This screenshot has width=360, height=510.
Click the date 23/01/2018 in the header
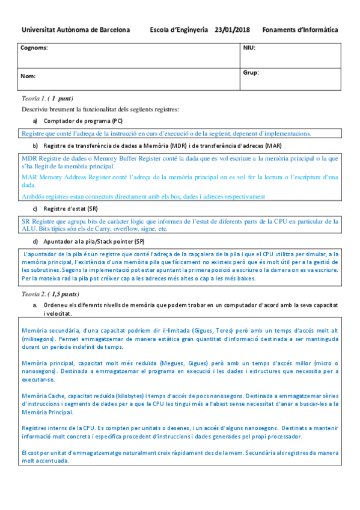(x=232, y=29)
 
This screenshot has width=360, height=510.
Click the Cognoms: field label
(x=35, y=47)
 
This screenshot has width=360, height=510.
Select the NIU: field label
(x=249, y=47)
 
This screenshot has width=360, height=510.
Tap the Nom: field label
(x=28, y=76)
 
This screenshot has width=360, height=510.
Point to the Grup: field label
(x=251, y=72)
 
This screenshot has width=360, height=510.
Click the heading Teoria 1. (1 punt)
(x=47, y=98)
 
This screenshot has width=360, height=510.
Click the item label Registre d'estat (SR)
(x=70, y=209)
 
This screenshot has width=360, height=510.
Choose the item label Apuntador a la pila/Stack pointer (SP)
(x=94, y=242)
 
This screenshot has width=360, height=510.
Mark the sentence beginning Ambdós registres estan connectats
(x=143, y=196)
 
